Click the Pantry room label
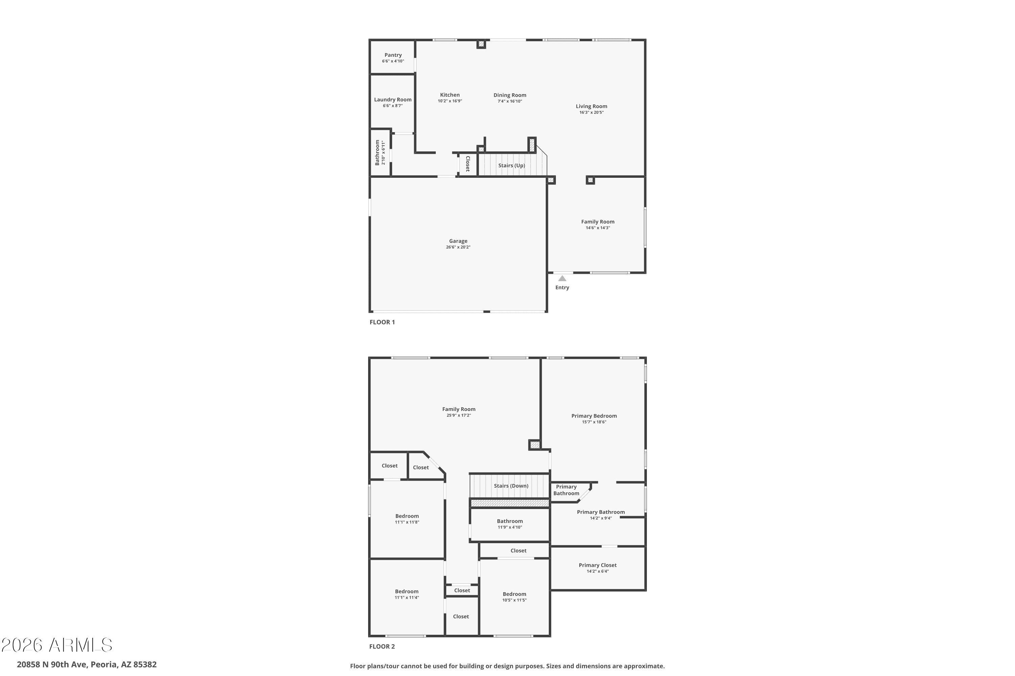click(x=393, y=55)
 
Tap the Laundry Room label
click(x=393, y=100)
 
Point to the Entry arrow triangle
click(x=562, y=279)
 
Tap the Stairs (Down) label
click(x=511, y=486)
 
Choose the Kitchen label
click(x=450, y=95)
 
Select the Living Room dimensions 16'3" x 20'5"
click(x=591, y=113)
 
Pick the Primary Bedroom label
click(x=594, y=416)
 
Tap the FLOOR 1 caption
click(x=382, y=322)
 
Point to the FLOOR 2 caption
click(x=382, y=646)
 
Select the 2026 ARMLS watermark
click(x=57, y=645)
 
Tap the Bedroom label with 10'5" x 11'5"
click(x=514, y=594)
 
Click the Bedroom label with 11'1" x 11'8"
click(x=407, y=516)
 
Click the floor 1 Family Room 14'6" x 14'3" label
click(x=598, y=222)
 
